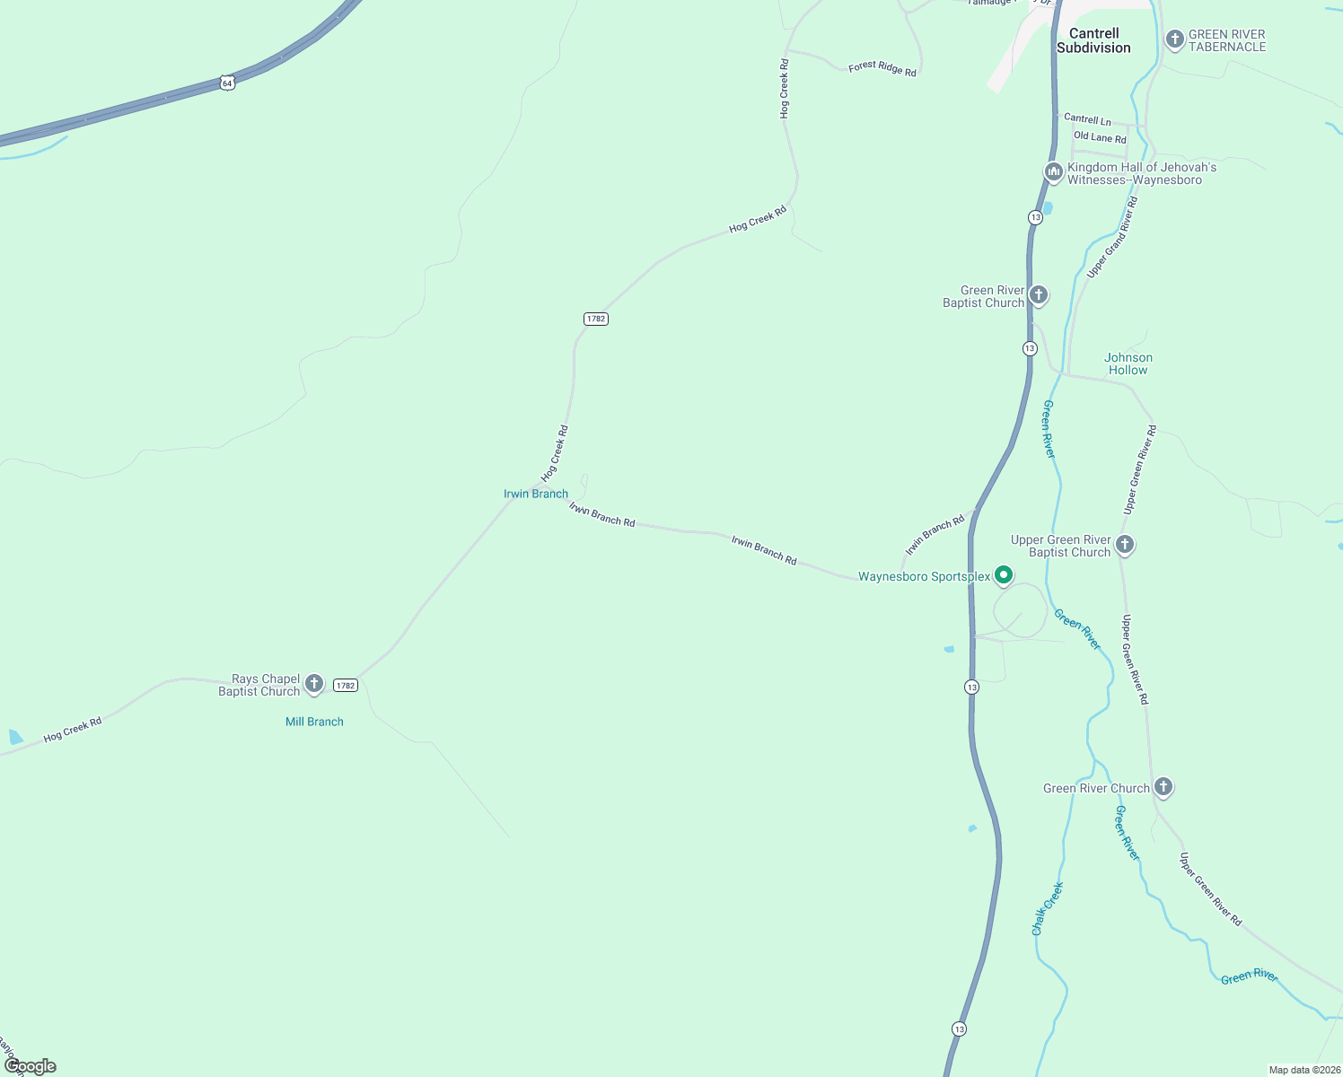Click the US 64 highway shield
point(227,83)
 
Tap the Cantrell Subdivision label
point(1093,40)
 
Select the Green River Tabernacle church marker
point(1174,39)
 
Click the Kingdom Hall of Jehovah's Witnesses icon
point(1053,171)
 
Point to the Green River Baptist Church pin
point(1039,294)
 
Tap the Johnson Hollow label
point(1128,363)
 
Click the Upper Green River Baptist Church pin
point(1124,544)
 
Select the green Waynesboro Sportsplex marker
point(1004,575)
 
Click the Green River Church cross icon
point(1163,787)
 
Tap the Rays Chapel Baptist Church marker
point(313,684)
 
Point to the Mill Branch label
point(314,722)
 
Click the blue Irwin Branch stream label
point(535,494)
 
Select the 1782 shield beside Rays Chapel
point(346,686)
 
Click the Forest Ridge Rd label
point(882,68)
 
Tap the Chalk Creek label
point(1048,908)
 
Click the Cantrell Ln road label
point(1087,119)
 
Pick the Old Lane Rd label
point(1100,137)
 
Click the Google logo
point(31,1066)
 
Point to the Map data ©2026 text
point(1303,1070)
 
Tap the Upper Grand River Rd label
point(1112,238)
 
